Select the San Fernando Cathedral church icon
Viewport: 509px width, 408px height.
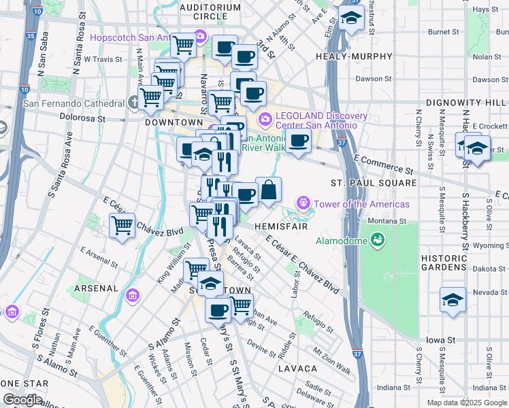point(135,103)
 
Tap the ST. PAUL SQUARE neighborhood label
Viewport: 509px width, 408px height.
point(374,184)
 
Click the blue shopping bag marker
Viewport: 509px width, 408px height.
point(269,190)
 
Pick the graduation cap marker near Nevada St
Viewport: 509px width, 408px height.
point(453,299)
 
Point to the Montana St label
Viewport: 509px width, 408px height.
point(387,221)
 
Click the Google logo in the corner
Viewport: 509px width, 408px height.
point(22,399)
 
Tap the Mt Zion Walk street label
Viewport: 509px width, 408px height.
point(332,361)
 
